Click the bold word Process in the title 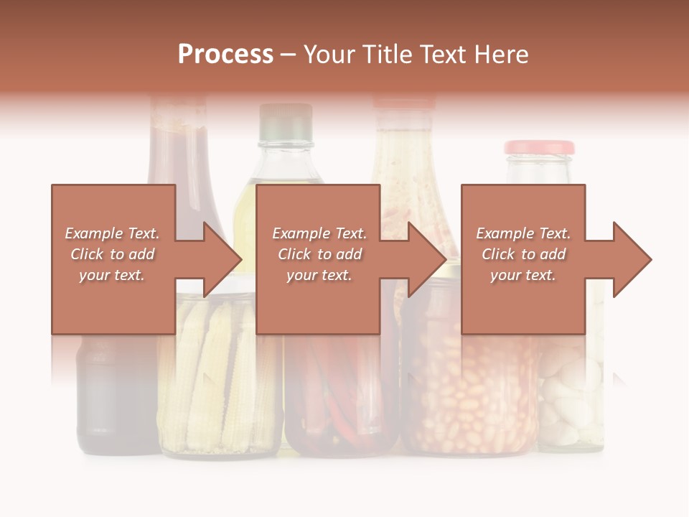[x=225, y=55]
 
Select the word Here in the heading [x=501, y=55]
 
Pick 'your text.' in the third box [x=522, y=275]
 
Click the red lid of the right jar [x=539, y=147]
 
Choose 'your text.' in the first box [x=112, y=275]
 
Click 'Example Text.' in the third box [x=523, y=233]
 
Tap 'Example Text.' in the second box [x=319, y=233]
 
